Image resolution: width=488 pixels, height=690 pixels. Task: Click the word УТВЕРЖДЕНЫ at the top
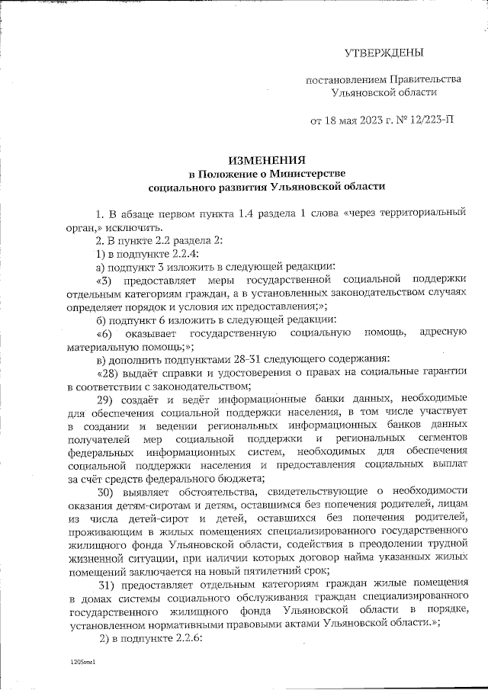tap(383, 53)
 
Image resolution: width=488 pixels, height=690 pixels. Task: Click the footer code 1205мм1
tap(81, 665)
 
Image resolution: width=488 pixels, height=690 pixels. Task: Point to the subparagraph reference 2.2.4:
tap(181, 253)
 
